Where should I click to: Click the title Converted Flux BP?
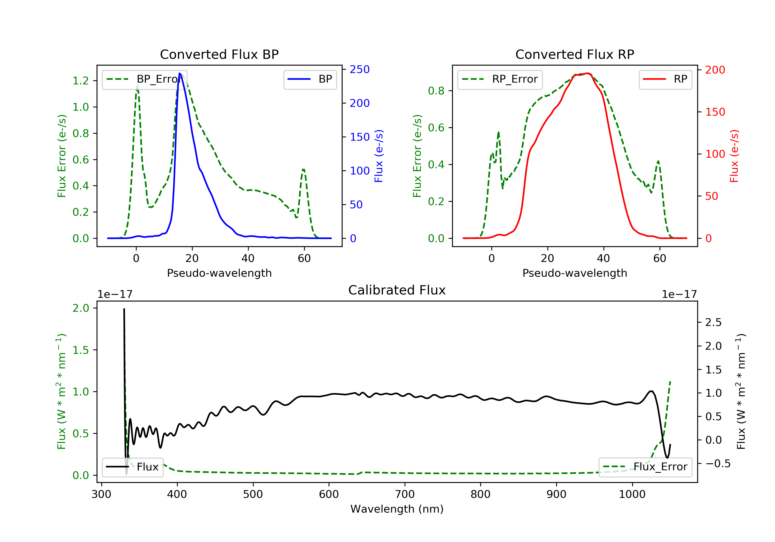pos(219,54)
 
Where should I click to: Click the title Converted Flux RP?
pos(575,54)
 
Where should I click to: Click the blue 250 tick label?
pos(360,69)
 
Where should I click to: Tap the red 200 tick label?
pos(715,70)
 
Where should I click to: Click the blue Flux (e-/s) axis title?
pos(379,156)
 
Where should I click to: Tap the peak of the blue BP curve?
pos(180,73)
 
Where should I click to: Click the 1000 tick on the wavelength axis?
pos(632,495)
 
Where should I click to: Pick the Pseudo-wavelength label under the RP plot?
pos(575,273)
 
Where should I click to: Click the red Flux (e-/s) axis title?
pos(734,156)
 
